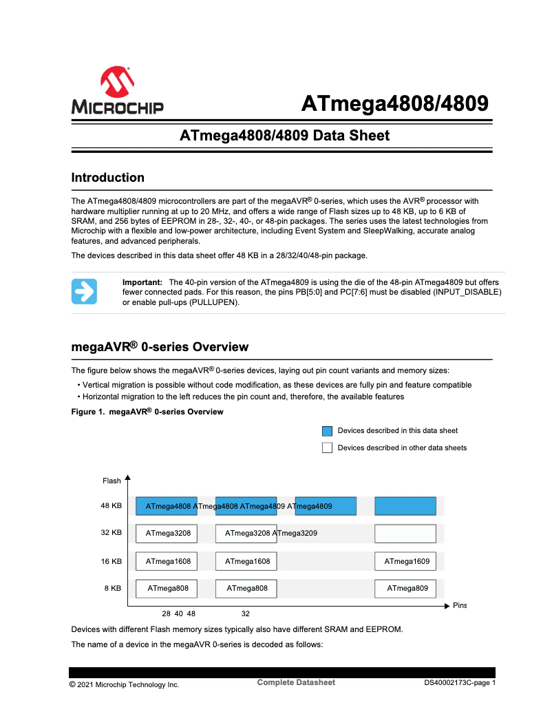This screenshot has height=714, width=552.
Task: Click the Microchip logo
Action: click(x=117, y=90)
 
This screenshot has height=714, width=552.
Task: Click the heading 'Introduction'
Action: click(x=108, y=178)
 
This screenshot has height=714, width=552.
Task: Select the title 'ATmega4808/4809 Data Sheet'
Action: click(x=284, y=136)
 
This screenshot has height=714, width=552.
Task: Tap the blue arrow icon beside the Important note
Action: click(x=84, y=291)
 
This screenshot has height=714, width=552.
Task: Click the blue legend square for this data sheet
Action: click(x=327, y=431)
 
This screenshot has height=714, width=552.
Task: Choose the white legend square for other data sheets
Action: click(x=327, y=448)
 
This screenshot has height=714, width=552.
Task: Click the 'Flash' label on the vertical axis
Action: click(x=112, y=481)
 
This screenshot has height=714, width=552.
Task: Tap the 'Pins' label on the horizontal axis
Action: click(x=460, y=605)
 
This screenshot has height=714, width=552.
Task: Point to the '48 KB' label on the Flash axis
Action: click(x=111, y=505)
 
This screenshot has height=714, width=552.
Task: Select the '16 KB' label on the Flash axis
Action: click(x=111, y=561)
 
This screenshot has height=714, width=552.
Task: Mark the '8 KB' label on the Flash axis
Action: click(x=113, y=588)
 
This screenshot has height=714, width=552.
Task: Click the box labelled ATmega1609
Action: click(x=405, y=562)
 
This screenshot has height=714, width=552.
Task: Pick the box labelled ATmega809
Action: click(x=405, y=588)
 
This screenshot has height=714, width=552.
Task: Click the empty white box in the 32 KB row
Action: click(x=405, y=534)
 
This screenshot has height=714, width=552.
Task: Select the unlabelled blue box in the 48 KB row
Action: click(x=405, y=506)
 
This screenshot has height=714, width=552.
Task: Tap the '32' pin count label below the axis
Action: click(x=246, y=613)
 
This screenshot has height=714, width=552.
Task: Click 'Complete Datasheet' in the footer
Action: click(x=296, y=682)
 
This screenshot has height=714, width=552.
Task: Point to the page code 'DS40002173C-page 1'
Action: click(x=459, y=684)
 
